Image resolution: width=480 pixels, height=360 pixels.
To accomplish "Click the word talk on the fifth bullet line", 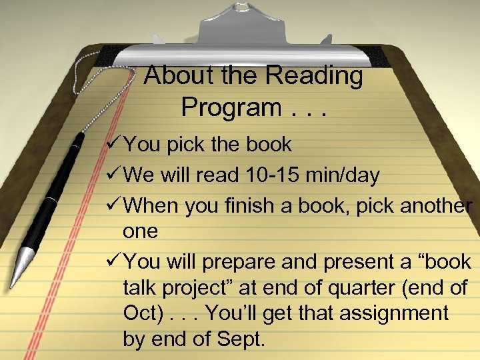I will pos(141,288).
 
